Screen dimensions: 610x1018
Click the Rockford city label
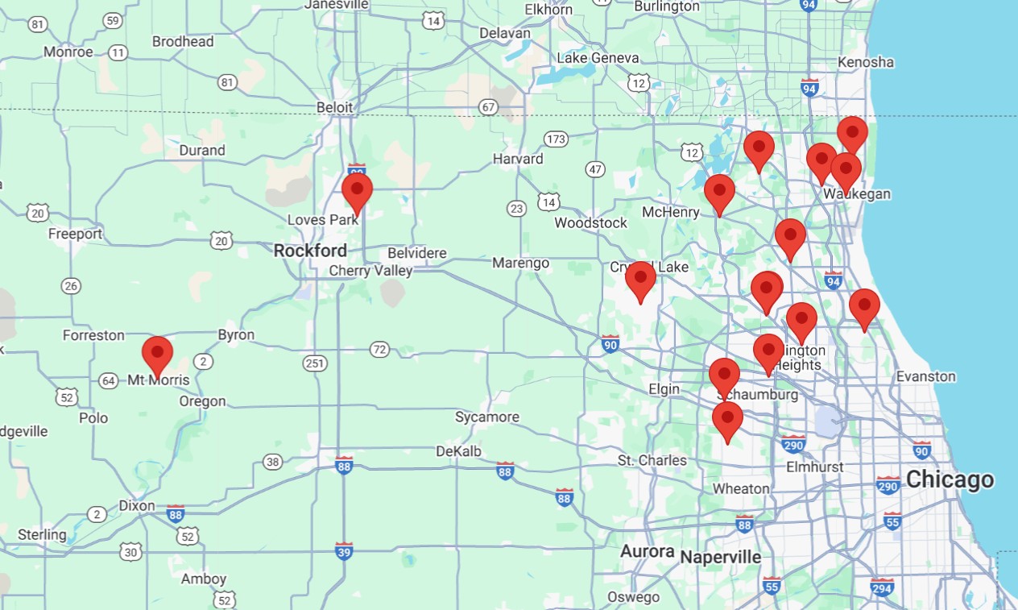pyautogui.click(x=310, y=251)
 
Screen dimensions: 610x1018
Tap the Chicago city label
pyautogui.click(x=950, y=480)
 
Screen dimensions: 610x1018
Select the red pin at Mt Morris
pyautogui.click(x=157, y=355)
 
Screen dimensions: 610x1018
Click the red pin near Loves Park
pyautogui.click(x=357, y=192)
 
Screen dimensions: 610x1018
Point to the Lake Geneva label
pyautogui.click(x=598, y=58)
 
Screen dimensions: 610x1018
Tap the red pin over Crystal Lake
pyautogui.click(x=640, y=280)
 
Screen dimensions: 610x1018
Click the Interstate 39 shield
pyautogui.click(x=344, y=550)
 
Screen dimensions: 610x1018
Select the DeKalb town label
pyautogui.click(x=458, y=451)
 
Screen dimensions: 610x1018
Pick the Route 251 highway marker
pyautogui.click(x=315, y=363)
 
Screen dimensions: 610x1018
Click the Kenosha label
pyautogui.click(x=866, y=62)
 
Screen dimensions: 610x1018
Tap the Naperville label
pyautogui.click(x=720, y=557)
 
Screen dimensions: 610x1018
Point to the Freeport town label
pyautogui.click(x=75, y=234)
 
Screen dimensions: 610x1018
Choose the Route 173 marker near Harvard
pyautogui.click(x=555, y=139)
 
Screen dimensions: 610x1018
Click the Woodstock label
pyautogui.click(x=590, y=222)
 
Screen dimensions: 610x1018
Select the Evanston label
pyautogui.click(x=926, y=376)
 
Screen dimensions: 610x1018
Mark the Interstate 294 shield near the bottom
pyautogui.click(x=882, y=586)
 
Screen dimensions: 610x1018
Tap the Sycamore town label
pyautogui.click(x=486, y=417)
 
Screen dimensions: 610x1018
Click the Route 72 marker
pyautogui.click(x=379, y=349)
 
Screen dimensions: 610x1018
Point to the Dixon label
pyautogui.click(x=136, y=506)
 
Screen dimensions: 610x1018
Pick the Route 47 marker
pyautogui.click(x=595, y=169)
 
